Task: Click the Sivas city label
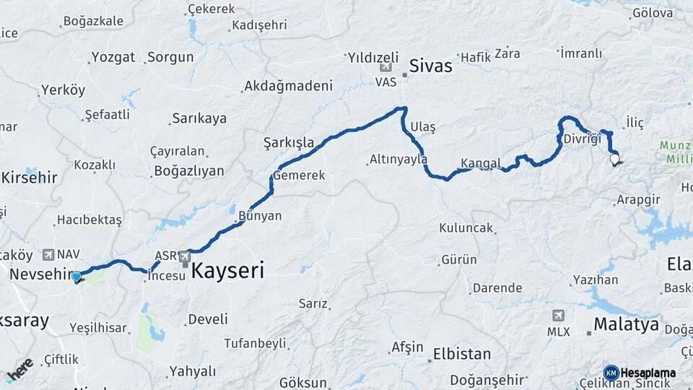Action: (430, 66)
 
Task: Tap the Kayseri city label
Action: (227, 272)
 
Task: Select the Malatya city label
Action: (626, 323)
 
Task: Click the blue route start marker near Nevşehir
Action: (77, 275)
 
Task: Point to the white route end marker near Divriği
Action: (614, 159)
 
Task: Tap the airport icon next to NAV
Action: (48, 254)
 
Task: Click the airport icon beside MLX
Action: (558, 316)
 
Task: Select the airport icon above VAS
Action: (386, 67)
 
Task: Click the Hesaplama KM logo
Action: (640, 373)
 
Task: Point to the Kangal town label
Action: (480, 163)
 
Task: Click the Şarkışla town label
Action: (289, 142)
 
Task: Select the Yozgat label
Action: (113, 57)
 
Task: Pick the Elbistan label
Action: (461, 355)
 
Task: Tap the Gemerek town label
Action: (300, 175)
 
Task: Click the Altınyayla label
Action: (398, 160)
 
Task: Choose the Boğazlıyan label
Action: (188, 171)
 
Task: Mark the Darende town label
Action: (497, 288)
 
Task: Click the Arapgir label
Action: (639, 199)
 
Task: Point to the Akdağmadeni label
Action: (288, 86)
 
